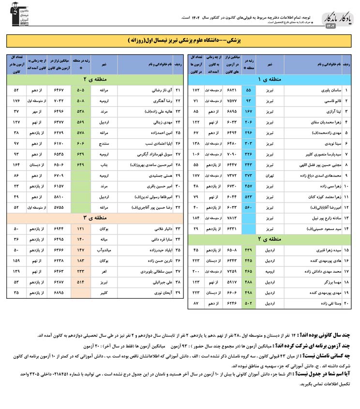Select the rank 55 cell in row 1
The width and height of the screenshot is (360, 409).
[x=248, y=90]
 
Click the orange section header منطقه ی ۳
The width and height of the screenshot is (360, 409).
[x=95, y=218]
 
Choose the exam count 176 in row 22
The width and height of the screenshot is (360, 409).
[x=16, y=101]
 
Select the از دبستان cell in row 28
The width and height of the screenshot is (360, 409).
[x=36, y=164]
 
